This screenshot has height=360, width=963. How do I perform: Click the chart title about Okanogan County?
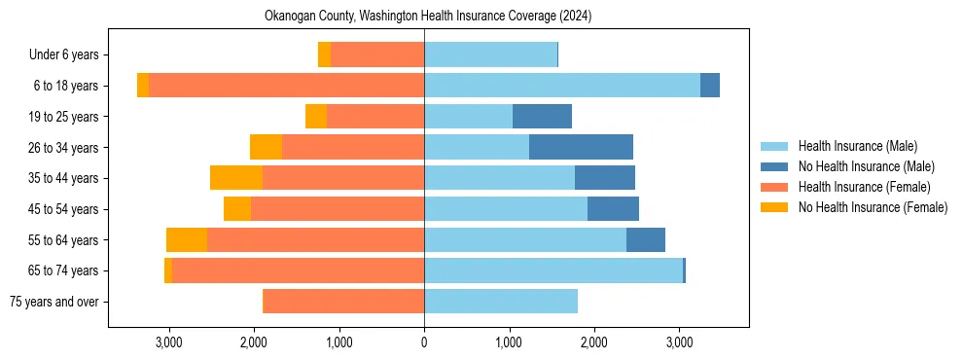[428, 17]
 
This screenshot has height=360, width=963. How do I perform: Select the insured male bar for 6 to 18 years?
[562, 86]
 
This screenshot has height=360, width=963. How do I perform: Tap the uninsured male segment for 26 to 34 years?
[581, 147]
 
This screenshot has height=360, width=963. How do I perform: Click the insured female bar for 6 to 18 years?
[286, 86]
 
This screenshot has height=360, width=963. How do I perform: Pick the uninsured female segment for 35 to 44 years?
[236, 178]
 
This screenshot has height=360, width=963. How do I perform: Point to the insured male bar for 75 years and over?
[501, 302]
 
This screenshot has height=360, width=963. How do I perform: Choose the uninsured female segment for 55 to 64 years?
[187, 239]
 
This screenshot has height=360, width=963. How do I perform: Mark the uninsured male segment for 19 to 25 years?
[542, 117]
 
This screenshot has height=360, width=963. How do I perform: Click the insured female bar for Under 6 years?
[377, 54]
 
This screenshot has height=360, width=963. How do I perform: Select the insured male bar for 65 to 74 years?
[553, 270]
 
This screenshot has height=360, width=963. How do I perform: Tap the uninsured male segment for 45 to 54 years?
[613, 209]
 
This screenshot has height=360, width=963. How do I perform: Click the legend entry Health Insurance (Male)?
[857, 146]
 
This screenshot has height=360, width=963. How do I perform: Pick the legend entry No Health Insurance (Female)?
[873, 207]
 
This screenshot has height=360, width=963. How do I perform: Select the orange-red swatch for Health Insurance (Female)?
[774, 187]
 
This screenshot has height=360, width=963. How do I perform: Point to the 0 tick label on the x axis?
[424, 342]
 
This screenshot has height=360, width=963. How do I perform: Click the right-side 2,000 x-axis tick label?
[594, 342]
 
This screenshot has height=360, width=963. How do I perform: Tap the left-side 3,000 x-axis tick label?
[169, 342]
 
